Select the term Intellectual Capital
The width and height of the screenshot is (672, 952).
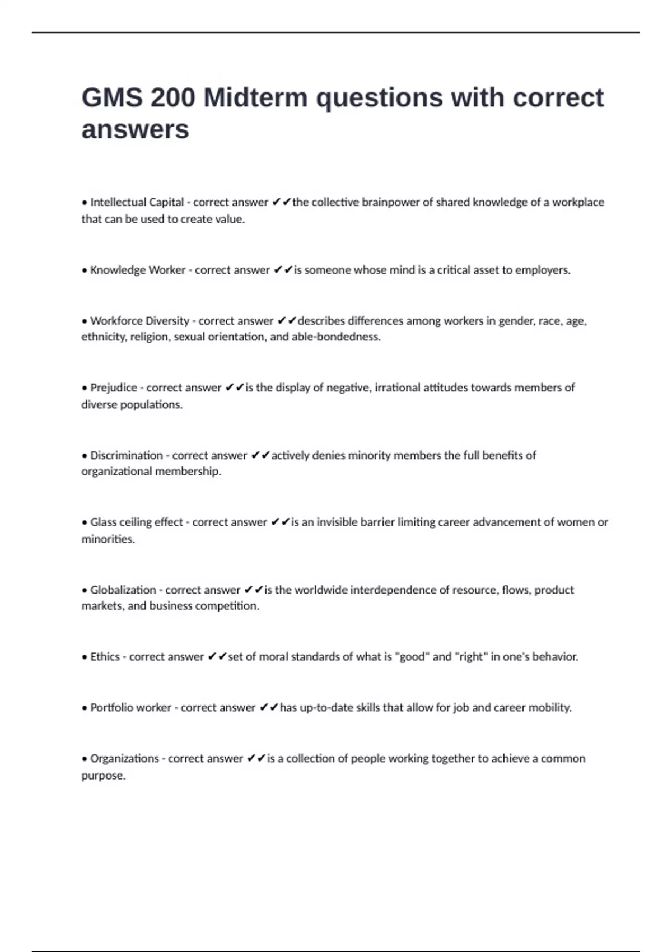point(137,202)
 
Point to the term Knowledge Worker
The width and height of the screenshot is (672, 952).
point(138,270)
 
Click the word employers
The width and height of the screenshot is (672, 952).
point(542,270)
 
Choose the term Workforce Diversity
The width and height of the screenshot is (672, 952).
point(139,321)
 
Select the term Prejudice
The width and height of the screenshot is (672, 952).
point(114,388)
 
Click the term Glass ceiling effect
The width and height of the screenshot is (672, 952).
point(137,522)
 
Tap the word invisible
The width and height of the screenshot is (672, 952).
point(337,522)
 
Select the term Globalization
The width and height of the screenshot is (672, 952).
point(123,590)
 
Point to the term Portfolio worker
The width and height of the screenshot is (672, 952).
point(130,708)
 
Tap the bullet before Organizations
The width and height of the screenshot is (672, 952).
point(85,759)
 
